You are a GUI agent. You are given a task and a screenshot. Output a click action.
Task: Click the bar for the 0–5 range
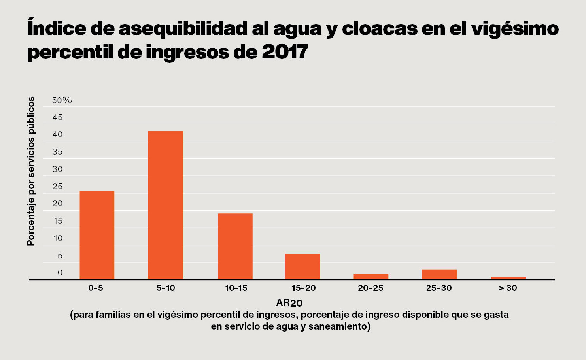[97, 235]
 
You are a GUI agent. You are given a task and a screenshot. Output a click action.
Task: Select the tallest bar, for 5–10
[165, 205]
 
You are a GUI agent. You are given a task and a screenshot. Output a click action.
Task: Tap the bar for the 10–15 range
[235, 246]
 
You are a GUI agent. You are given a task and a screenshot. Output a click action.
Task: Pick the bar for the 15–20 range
[302, 266]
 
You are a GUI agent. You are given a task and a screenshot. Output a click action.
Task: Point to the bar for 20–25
[371, 277]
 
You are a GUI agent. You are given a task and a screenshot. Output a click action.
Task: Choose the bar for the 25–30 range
[439, 274]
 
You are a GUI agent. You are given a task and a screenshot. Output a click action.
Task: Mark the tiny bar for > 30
[508, 278]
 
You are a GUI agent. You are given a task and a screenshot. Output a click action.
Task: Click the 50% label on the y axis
[62, 100]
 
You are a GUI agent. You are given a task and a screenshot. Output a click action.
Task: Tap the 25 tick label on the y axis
[57, 187]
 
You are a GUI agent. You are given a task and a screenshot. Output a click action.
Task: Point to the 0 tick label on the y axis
[60, 273]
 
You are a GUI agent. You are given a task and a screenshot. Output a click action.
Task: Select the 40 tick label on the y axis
[57, 134]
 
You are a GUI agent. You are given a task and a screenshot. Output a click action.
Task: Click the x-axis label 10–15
[236, 288]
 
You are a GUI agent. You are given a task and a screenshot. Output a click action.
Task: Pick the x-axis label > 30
[508, 288]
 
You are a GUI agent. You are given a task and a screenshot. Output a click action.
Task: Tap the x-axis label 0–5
[96, 288]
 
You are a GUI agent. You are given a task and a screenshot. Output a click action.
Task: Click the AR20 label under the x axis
[289, 303]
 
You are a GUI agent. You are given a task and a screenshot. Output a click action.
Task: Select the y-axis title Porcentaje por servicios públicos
[31, 171]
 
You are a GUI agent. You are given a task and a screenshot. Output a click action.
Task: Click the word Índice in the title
[57, 28]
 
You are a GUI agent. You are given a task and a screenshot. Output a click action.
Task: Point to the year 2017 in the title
[285, 52]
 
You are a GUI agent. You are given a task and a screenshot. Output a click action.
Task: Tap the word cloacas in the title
[380, 28]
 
